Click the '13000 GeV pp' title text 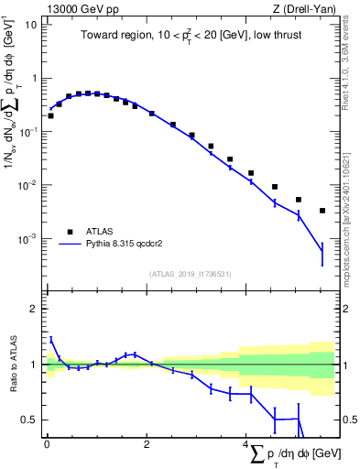[x=76, y=8]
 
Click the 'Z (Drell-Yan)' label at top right [x=306, y=8]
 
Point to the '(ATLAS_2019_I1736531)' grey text [x=190, y=273]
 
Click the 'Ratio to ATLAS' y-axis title [x=12, y=365]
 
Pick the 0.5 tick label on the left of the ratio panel [x=30, y=420]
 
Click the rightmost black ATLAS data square [x=322, y=211]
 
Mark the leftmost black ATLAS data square [x=50, y=115]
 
